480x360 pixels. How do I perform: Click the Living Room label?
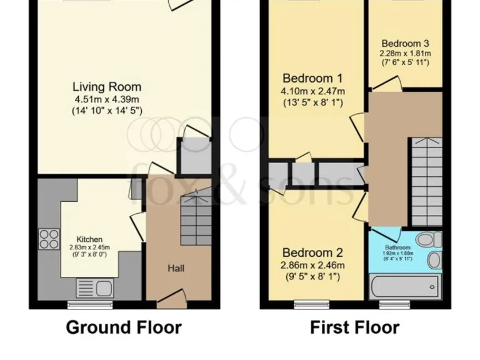(x=107, y=87)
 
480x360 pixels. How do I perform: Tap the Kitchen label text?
(x=89, y=239)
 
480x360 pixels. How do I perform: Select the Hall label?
(x=176, y=268)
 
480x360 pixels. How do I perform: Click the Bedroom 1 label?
(x=312, y=79)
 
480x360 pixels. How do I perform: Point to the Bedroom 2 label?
(x=312, y=253)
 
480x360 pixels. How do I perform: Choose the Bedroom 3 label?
(x=405, y=44)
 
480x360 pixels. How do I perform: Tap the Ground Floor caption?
(x=124, y=327)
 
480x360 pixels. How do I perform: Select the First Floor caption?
(x=354, y=327)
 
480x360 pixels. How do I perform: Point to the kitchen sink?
(x=94, y=289)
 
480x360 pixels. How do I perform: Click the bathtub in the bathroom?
(x=403, y=287)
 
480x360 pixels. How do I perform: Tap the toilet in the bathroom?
(x=427, y=239)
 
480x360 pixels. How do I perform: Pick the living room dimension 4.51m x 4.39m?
(x=107, y=99)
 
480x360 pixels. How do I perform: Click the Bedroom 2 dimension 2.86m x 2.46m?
(x=312, y=266)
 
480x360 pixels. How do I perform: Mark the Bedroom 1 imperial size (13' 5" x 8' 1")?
(x=312, y=102)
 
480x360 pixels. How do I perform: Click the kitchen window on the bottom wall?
(x=83, y=306)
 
